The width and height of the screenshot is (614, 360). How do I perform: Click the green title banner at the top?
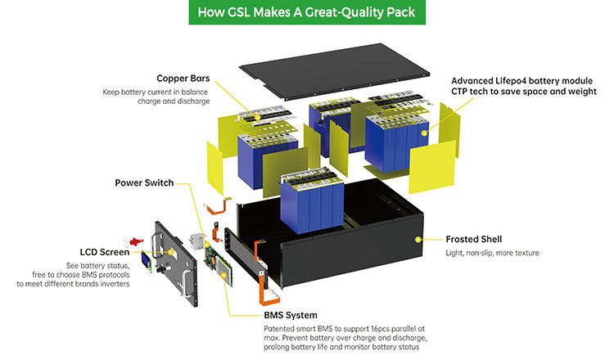tap(307, 12)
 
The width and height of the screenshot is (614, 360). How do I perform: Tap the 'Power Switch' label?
tap(144, 182)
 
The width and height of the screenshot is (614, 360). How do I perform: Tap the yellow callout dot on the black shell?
tap(418, 240)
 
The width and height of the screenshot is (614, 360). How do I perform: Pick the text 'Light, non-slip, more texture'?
tap(493, 254)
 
